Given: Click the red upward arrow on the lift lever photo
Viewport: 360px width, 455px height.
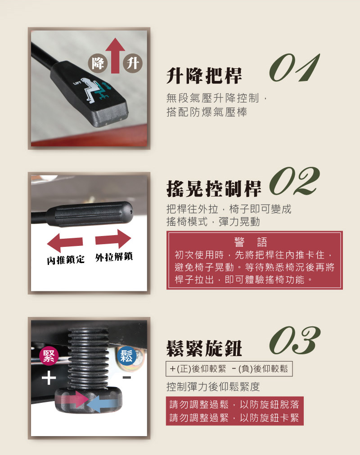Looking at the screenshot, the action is [x=115, y=55].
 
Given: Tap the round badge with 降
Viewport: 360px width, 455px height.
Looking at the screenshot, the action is [x=98, y=63].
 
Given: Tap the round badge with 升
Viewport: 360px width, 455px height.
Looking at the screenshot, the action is [x=133, y=63].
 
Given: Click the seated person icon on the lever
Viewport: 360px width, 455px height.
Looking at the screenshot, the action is [x=90, y=90].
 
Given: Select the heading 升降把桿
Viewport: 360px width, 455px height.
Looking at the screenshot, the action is [x=204, y=76].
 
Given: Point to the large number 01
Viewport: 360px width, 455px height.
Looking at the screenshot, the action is [x=294, y=67].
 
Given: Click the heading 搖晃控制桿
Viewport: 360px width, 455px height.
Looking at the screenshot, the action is [x=214, y=189].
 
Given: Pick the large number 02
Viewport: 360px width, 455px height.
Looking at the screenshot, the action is [x=294, y=181].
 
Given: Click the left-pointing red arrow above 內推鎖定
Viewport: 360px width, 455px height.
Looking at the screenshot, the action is [x=65, y=242].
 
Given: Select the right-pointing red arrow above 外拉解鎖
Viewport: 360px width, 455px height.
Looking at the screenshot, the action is [x=113, y=239].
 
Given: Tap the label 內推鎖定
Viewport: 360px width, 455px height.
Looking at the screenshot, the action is [x=66, y=259].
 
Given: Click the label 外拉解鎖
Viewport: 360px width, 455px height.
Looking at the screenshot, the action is [x=114, y=257].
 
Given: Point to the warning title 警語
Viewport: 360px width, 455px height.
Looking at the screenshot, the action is [x=251, y=241].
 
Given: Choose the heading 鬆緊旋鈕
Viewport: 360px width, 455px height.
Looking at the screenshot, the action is [x=204, y=348].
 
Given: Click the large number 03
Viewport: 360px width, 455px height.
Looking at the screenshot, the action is [x=295, y=340].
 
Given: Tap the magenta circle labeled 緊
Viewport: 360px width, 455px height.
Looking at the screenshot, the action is [x=49, y=356].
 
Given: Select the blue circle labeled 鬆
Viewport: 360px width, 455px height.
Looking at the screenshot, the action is [x=126, y=356].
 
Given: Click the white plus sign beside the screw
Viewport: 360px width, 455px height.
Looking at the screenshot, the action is [x=49, y=378].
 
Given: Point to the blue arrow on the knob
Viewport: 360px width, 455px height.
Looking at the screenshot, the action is [x=103, y=404].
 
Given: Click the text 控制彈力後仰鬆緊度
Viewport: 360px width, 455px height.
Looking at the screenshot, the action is [x=213, y=387].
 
